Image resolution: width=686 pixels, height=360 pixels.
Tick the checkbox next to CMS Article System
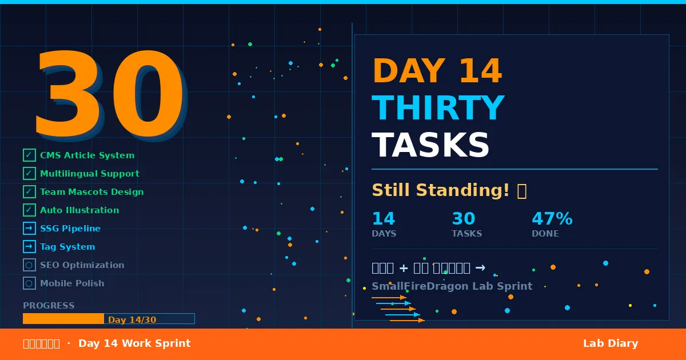(x=29, y=155)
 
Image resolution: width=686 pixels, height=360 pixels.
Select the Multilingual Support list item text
(x=90, y=174)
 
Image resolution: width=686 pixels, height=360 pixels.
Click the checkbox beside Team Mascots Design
(x=29, y=192)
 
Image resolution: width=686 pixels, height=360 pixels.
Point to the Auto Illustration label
(x=79, y=210)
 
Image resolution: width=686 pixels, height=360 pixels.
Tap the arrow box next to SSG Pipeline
(x=29, y=229)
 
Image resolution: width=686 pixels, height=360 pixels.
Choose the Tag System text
(x=67, y=247)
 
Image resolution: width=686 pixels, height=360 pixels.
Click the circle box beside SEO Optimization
(x=29, y=265)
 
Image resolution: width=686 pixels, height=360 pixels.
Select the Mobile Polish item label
(x=72, y=283)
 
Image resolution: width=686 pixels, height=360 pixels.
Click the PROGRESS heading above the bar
(x=49, y=306)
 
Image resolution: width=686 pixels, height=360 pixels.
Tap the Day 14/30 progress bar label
(x=132, y=320)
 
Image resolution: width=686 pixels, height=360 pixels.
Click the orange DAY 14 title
(x=437, y=72)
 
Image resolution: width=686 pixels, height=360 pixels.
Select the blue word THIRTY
(x=438, y=109)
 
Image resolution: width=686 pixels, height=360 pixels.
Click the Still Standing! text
(x=440, y=190)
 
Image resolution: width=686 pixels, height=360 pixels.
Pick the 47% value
(x=552, y=219)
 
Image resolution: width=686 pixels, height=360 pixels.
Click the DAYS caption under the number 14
(x=384, y=234)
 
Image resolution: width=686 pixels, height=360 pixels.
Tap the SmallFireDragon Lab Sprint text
(x=452, y=286)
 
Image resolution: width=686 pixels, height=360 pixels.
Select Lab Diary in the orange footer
(x=610, y=343)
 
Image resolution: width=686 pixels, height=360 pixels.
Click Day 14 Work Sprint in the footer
(x=134, y=343)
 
